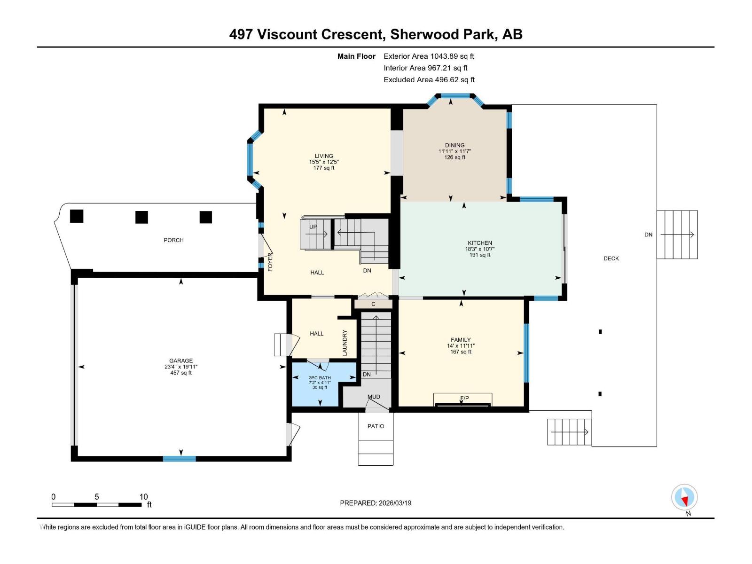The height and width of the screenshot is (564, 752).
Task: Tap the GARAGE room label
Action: click(181, 361)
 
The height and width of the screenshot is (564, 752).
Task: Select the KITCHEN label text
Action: click(480, 243)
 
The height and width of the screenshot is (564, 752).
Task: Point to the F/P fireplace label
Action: click(464, 398)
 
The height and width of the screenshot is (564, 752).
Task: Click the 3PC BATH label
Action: click(320, 378)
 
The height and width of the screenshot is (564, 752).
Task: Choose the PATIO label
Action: click(376, 426)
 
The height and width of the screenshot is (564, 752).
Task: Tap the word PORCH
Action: click(173, 240)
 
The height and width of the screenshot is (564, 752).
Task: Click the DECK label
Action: click(611, 258)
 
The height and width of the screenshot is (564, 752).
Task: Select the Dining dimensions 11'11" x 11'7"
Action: click(454, 151)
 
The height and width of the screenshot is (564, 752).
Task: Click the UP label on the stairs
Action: click(313, 227)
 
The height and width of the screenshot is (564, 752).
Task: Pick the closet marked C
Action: click(373, 304)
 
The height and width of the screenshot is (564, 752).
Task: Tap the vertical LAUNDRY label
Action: click(345, 343)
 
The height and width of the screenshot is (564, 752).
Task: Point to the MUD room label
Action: click(374, 397)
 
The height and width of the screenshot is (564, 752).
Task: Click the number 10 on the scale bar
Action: click(143, 497)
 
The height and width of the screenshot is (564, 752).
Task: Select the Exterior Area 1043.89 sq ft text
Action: click(429, 56)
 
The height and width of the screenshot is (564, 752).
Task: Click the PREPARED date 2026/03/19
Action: click(394, 503)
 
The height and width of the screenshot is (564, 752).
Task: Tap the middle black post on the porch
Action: click(141, 217)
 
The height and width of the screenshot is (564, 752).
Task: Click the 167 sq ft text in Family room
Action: click(461, 352)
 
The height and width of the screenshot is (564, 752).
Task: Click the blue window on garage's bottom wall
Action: click(180, 459)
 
